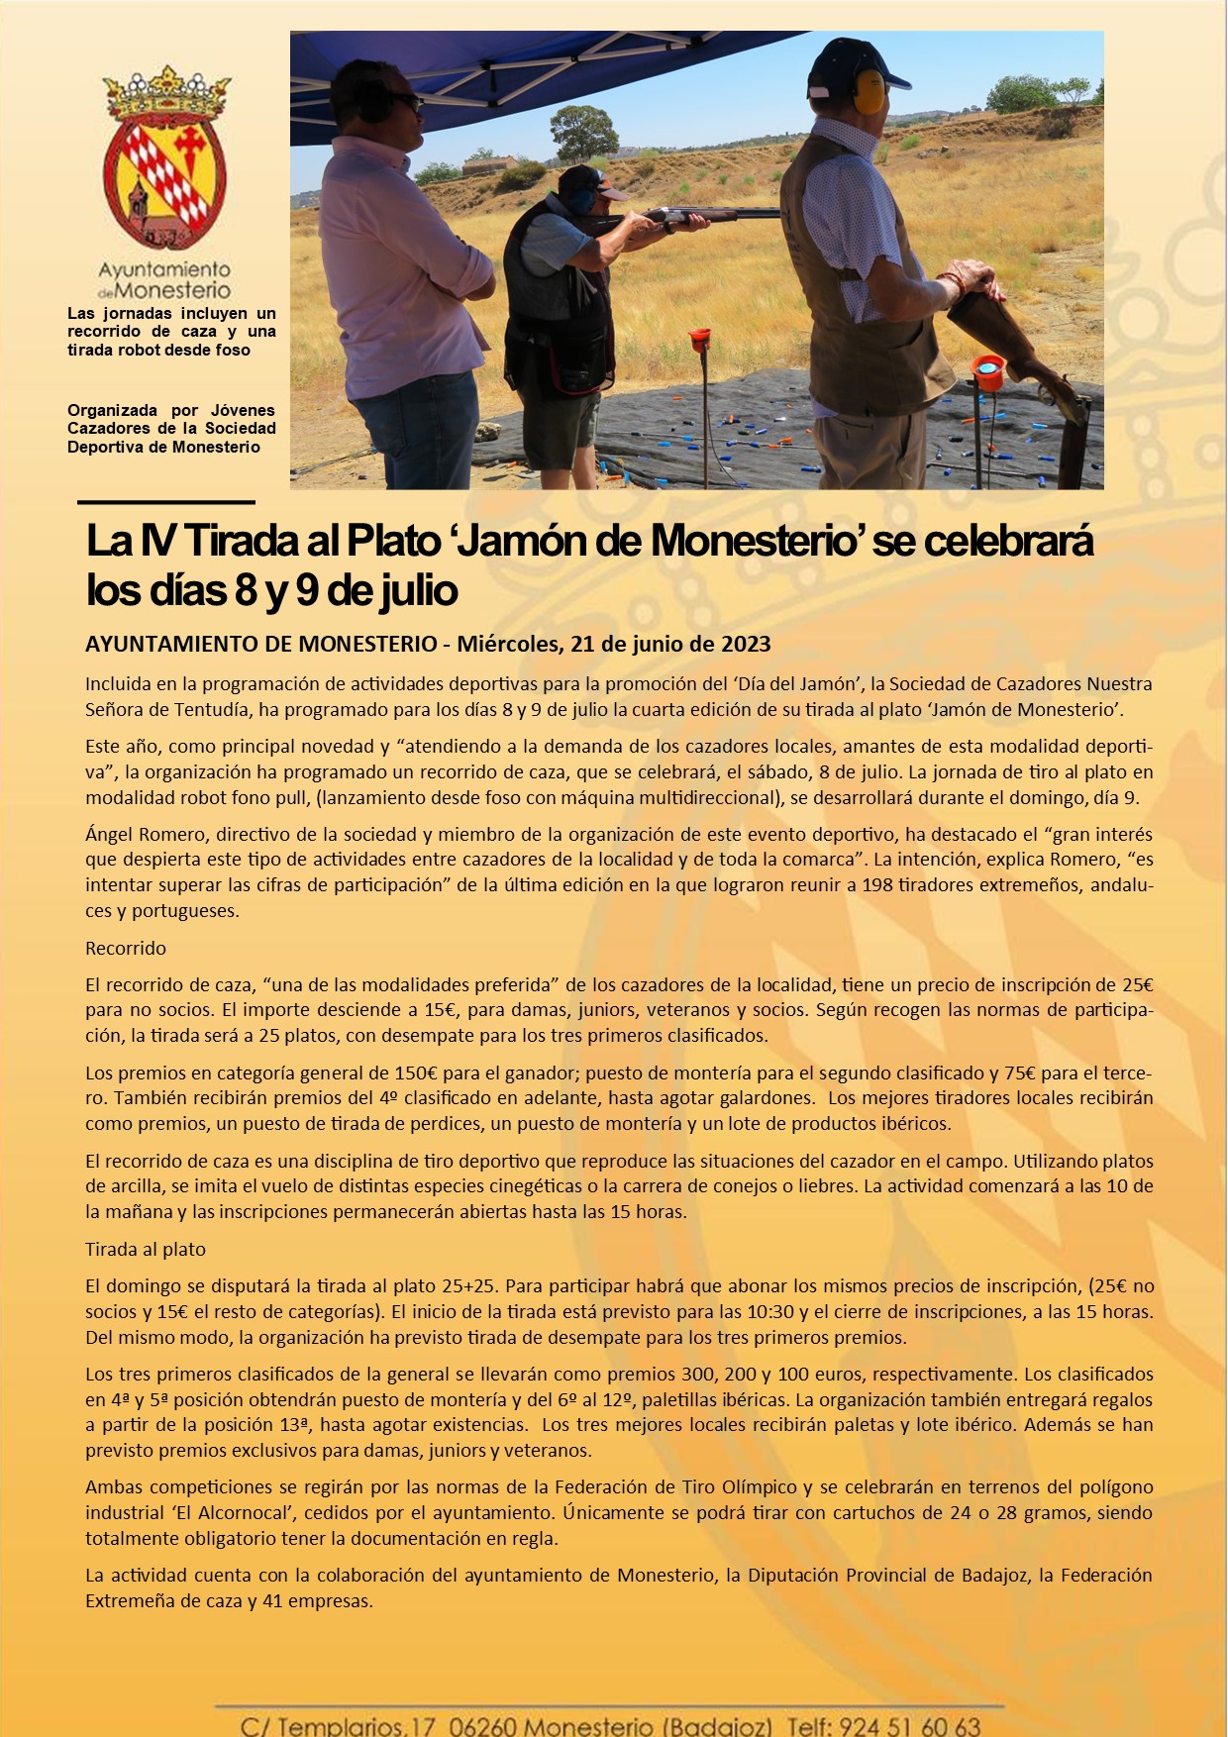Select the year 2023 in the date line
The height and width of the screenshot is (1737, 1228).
click(743, 644)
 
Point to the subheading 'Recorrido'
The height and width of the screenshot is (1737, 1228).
click(126, 948)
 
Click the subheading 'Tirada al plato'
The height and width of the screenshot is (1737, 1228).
click(146, 1249)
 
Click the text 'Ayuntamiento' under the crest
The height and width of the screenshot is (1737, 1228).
click(164, 269)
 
